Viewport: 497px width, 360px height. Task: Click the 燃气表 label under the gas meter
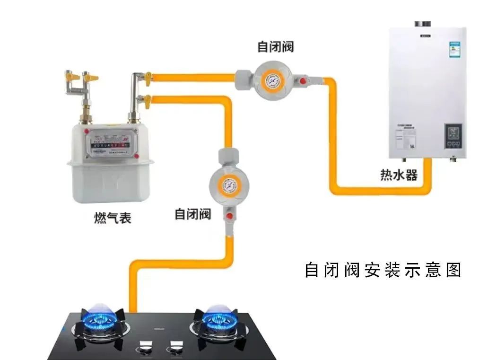tap(112, 218)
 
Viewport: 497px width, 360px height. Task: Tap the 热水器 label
tap(399, 175)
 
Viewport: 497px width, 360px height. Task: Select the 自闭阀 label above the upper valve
tap(276, 47)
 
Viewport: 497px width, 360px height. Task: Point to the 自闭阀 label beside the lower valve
tap(192, 214)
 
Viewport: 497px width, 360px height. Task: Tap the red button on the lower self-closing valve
tap(231, 216)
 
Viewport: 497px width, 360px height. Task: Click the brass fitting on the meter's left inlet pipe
tap(87, 114)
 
